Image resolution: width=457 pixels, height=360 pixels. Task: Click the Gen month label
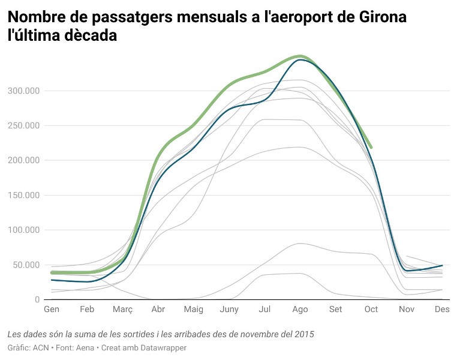click(52, 310)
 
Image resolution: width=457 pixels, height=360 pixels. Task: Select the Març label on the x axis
click(122, 310)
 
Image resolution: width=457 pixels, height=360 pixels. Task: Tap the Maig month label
click(193, 310)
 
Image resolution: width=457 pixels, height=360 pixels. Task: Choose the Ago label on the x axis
click(300, 310)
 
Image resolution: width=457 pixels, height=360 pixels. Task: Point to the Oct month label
click(371, 310)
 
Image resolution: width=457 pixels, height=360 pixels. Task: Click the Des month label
click(442, 310)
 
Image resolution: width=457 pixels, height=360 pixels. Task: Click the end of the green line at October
click(372, 147)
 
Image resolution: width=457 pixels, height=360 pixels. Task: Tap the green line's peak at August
click(300, 56)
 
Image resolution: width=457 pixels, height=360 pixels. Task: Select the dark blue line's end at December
click(443, 265)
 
